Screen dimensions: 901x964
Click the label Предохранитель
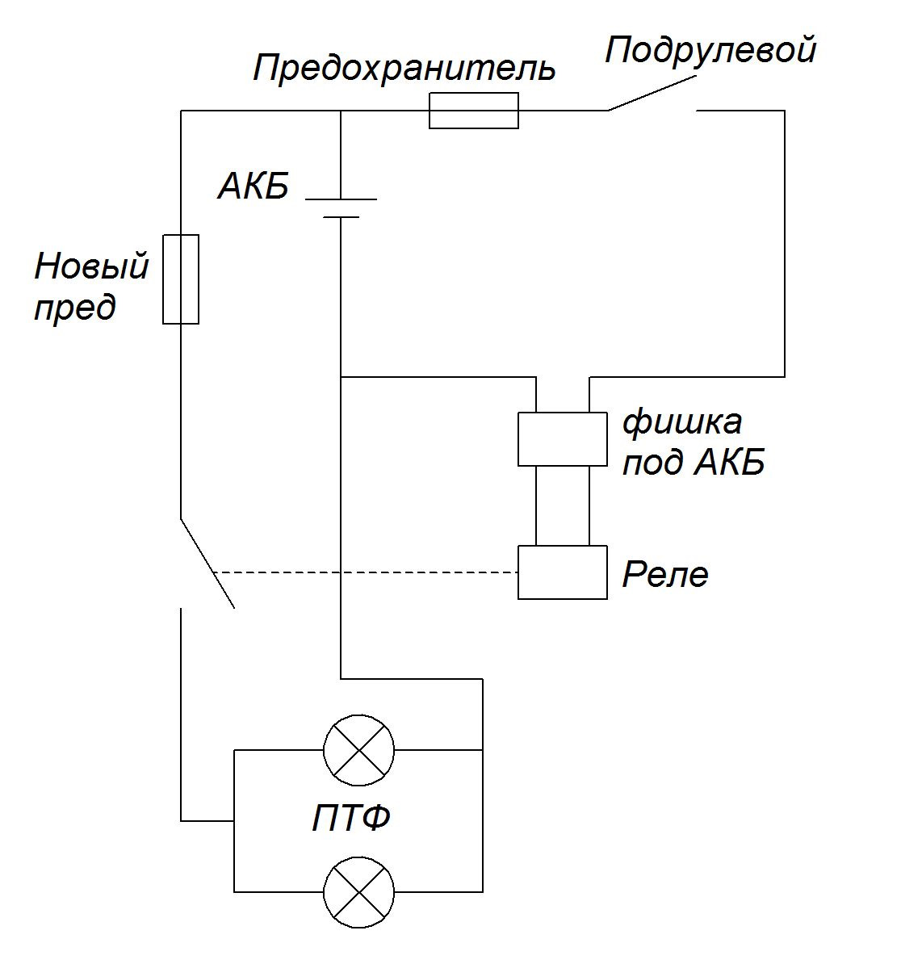404,69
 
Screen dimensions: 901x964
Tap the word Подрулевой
710,50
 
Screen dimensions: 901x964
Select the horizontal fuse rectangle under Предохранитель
473,111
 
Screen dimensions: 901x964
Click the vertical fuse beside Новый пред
181,279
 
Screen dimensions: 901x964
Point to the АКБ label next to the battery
254,186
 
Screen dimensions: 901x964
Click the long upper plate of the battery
341,199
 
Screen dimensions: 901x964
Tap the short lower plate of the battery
341,217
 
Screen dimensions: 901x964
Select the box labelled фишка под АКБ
563,439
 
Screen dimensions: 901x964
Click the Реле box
563,572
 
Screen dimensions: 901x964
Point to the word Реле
665,574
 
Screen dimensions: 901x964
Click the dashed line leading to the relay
366,572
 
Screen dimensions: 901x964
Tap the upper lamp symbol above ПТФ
359,750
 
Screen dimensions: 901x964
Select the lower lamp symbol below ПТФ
359,892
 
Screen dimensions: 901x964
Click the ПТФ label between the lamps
351,819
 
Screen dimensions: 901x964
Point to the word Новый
91,266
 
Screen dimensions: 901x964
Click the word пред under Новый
74,307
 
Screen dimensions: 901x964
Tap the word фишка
682,422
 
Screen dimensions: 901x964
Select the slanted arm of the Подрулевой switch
652,94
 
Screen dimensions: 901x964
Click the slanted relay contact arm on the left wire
207,564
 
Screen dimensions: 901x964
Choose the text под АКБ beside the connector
694,463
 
